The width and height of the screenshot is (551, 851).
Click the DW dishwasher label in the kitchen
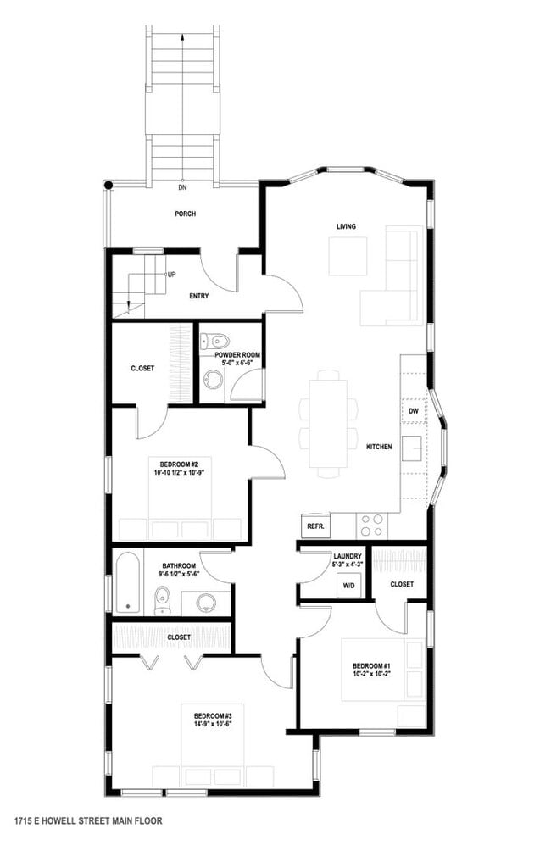click(414, 411)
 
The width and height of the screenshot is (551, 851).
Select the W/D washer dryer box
click(348, 586)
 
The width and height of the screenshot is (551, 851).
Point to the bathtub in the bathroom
click(128, 583)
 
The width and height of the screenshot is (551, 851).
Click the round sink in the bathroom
click(206, 602)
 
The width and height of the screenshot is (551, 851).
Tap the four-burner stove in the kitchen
click(370, 526)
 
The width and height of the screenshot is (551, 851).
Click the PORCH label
click(185, 214)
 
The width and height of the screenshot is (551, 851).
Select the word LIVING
click(346, 226)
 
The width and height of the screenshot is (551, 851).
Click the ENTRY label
click(198, 296)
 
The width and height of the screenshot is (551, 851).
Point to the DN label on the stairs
click(182, 187)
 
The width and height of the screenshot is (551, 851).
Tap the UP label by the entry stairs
click(171, 275)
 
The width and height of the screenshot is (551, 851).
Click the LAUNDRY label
click(348, 556)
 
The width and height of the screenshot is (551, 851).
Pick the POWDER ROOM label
click(237, 354)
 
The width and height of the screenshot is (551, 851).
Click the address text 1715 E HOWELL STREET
click(88, 820)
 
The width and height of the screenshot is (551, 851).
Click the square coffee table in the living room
click(348, 256)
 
